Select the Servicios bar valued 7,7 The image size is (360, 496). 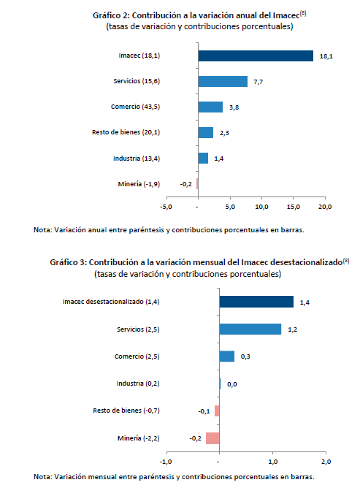tap(223, 81)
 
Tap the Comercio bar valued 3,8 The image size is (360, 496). tap(210, 107)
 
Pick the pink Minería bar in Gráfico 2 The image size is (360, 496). tap(197, 184)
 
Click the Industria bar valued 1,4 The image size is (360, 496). tap(203, 159)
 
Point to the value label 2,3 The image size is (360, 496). tap(224, 133)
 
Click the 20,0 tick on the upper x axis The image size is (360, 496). tap(325, 207)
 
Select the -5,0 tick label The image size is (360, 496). tap(166, 207)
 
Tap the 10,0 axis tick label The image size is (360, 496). tap(261, 207)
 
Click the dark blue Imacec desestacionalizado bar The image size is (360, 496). tap(256, 302)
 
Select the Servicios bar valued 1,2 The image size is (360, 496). tap(250, 329)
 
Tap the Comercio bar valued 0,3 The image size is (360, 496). tap(227, 356)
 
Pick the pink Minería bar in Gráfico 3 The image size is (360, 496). tap(212, 438)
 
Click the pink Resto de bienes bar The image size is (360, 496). tap(217, 411)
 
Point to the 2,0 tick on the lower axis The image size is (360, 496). tap(326, 462)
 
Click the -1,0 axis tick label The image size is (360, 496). tap(166, 462)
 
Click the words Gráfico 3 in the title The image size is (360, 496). tap(68, 262)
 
